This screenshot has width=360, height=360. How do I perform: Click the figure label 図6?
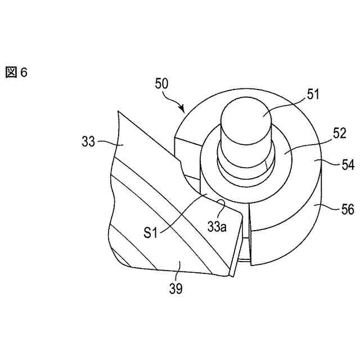click(x=16, y=73)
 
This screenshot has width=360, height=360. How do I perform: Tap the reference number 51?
click(x=313, y=94)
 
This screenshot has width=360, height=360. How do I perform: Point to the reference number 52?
click(x=323, y=135)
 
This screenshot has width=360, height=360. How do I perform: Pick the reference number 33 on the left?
click(x=88, y=142)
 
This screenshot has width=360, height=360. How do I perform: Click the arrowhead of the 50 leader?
click(x=183, y=109)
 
